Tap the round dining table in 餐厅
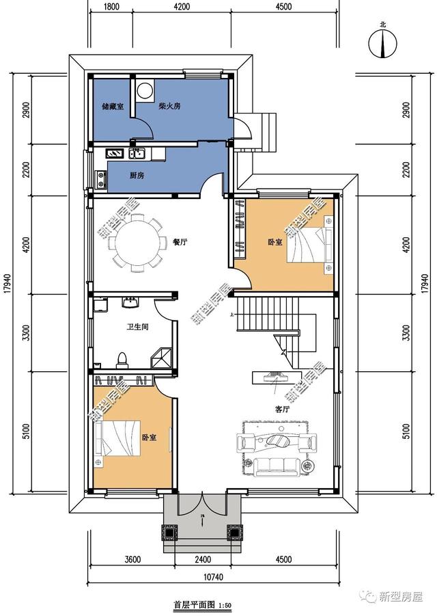click(x=137, y=243)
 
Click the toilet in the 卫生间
click(x=122, y=360)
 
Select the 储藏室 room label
click(x=113, y=106)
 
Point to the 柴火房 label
click(x=169, y=106)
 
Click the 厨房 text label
click(x=137, y=176)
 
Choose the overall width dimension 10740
click(x=213, y=577)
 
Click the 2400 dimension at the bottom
click(x=202, y=559)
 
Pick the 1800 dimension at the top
click(x=111, y=7)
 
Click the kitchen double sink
click(x=137, y=153)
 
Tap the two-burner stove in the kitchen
click(x=101, y=178)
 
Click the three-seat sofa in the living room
click(x=276, y=466)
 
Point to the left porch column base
click(x=169, y=533)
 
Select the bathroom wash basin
click(x=130, y=303)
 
